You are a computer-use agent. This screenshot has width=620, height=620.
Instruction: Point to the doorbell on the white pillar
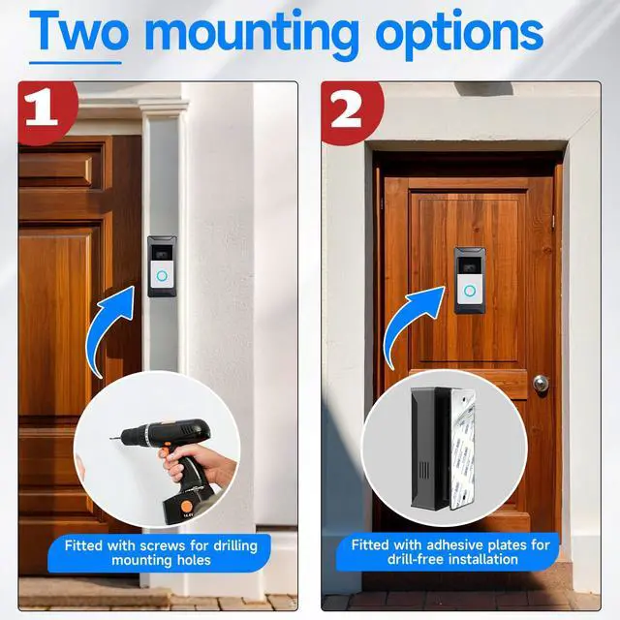click(162, 265)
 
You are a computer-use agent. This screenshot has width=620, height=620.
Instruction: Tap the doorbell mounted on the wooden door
click(470, 280)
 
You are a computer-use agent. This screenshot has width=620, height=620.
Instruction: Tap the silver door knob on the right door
click(540, 383)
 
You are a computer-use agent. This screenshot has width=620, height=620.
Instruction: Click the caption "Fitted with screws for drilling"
click(161, 545)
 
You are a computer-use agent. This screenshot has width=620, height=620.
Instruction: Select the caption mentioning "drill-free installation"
click(449, 560)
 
